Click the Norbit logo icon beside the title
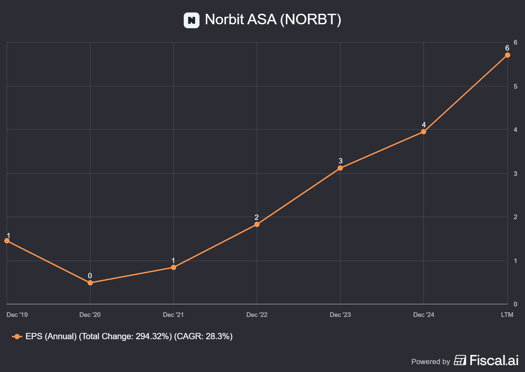coord(192,20)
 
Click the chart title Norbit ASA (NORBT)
coord(273,19)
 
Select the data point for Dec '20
coord(90,282)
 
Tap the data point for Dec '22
coord(257,224)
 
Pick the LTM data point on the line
coord(508,55)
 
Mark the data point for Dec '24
coord(424,132)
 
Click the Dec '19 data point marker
coord(7,240)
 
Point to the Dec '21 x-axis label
coord(173,315)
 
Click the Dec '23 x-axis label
coord(340,315)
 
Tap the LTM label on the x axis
coord(507,315)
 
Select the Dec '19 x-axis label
coord(17,315)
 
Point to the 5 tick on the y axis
coord(515,86)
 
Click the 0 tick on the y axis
coord(515,304)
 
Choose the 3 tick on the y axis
coord(515,174)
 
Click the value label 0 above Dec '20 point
coord(90,276)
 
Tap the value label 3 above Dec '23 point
coord(341,161)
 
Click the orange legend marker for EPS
coord(17,337)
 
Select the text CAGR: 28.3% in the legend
coord(203,336)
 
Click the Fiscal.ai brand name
coord(494,360)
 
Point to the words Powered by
coord(430,362)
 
